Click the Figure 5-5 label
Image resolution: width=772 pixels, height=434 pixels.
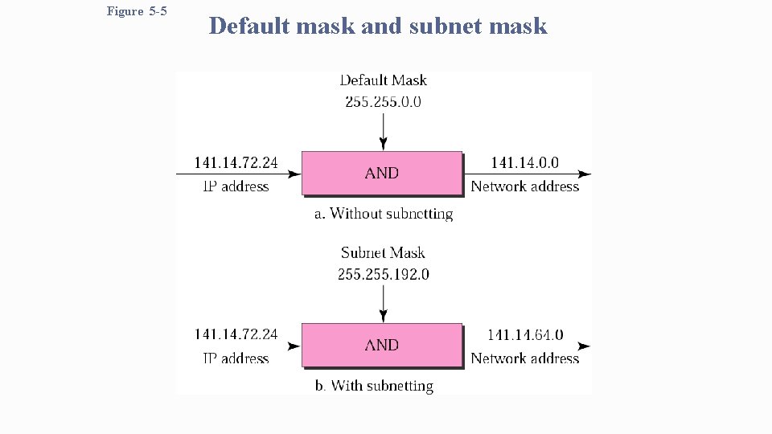[x=137, y=12]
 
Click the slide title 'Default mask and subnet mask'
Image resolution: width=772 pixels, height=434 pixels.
[x=378, y=27]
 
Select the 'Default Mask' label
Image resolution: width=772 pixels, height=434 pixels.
[x=384, y=80]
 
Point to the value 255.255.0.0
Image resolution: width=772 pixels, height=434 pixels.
[x=384, y=101]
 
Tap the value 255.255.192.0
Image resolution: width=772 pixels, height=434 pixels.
[x=384, y=274]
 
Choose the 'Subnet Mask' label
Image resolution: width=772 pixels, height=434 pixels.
[x=384, y=252]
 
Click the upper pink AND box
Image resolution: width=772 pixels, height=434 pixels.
[x=382, y=173]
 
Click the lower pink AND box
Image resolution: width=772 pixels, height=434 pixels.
[x=382, y=345]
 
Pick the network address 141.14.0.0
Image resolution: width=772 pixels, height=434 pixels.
[x=525, y=163]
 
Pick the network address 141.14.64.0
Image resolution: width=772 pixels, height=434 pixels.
[x=525, y=335]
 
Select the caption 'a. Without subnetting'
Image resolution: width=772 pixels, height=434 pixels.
[x=384, y=214]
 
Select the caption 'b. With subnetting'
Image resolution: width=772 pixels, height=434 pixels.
[x=374, y=386]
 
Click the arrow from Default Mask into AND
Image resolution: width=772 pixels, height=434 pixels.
[x=384, y=129]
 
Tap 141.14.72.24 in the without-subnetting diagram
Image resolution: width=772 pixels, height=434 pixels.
[x=236, y=163]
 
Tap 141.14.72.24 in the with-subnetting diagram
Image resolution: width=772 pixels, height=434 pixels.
[x=236, y=334]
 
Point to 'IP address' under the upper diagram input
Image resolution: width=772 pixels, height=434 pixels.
[x=236, y=186]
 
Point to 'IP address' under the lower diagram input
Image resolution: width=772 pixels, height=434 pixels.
[x=236, y=358]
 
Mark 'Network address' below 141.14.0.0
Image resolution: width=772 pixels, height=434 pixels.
[x=525, y=186]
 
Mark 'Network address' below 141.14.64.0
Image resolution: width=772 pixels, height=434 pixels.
[x=525, y=358]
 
